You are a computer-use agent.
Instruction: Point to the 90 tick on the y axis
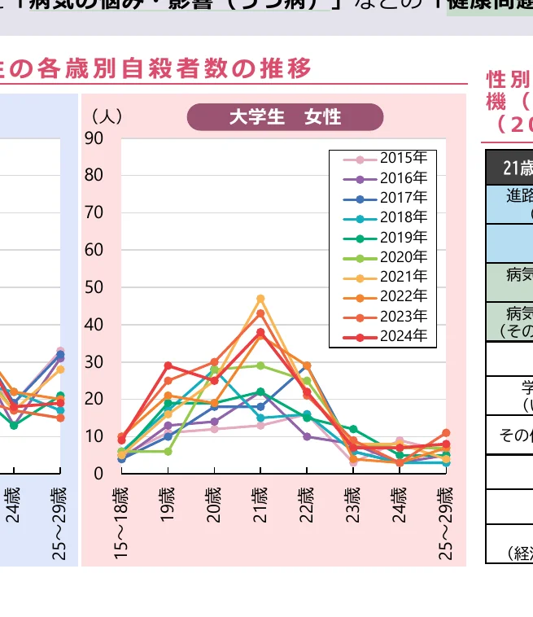(x=94, y=138)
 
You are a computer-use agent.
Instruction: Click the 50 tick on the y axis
(x=94, y=287)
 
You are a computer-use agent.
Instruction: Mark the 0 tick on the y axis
(x=98, y=473)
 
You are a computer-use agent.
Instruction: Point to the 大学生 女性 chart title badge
(x=285, y=116)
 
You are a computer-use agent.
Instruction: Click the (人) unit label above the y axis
(x=107, y=116)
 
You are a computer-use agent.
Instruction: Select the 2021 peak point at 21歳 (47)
(x=261, y=299)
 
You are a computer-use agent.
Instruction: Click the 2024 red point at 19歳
(x=168, y=365)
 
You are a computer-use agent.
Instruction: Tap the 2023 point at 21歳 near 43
(x=261, y=313)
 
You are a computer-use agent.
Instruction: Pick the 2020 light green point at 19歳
(x=168, y=451)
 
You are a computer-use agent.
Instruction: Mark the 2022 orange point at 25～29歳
(x=446, y=433)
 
